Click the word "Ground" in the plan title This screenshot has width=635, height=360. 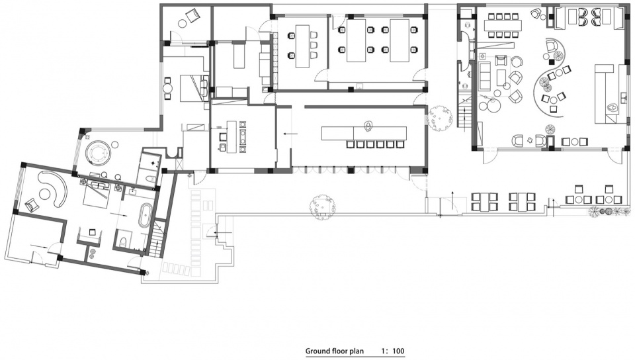coord(317,351)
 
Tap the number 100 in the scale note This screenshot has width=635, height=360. coord(398,351)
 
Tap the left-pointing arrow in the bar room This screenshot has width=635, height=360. coord(290,133)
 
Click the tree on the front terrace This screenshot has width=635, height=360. coord(322,206)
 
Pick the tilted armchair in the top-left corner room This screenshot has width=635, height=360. coord(192,15)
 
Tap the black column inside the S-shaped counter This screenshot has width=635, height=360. coord(551,62)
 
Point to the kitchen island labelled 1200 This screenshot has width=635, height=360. coord(231,136)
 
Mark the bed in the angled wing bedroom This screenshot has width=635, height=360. coord(97,193)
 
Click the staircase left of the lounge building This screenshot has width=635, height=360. coord(464,111)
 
